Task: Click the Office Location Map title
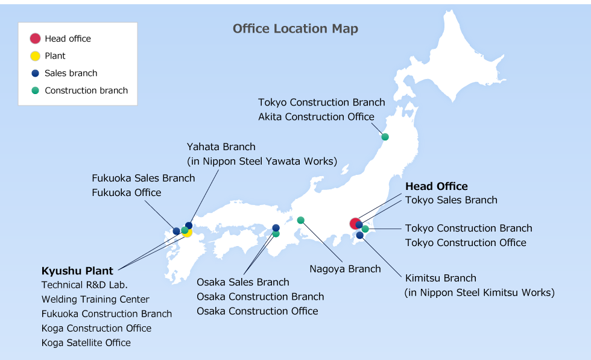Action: [x=295, y=29]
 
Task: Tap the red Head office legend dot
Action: [x=35, y=39]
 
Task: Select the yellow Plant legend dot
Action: [x=35, y=56]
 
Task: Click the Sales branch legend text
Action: [x=71, y=73]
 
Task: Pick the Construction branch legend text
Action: [x=86, y=90]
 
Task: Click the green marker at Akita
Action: [x=385, y=137]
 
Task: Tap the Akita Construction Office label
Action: [x=316, y=117]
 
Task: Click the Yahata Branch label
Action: [x=221, y=147]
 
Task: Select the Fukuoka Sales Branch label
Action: [x=143, y=178]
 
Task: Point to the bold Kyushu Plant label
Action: [x=77, y=271]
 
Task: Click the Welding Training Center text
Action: [x=95, y=299]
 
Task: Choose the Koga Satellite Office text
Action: [x=86, y=343]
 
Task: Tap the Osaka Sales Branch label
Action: [x=242, y=282]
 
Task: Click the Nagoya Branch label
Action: [x=345, y=269]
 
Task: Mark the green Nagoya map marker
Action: [x=300, y=220]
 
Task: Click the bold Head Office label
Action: [x=436, y=186]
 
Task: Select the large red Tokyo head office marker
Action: [x=355, y=224]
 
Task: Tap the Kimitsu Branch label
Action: [x=440, y=278]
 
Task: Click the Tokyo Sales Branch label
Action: [x=451, y=200]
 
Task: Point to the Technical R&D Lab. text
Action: [x=84, y=285]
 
